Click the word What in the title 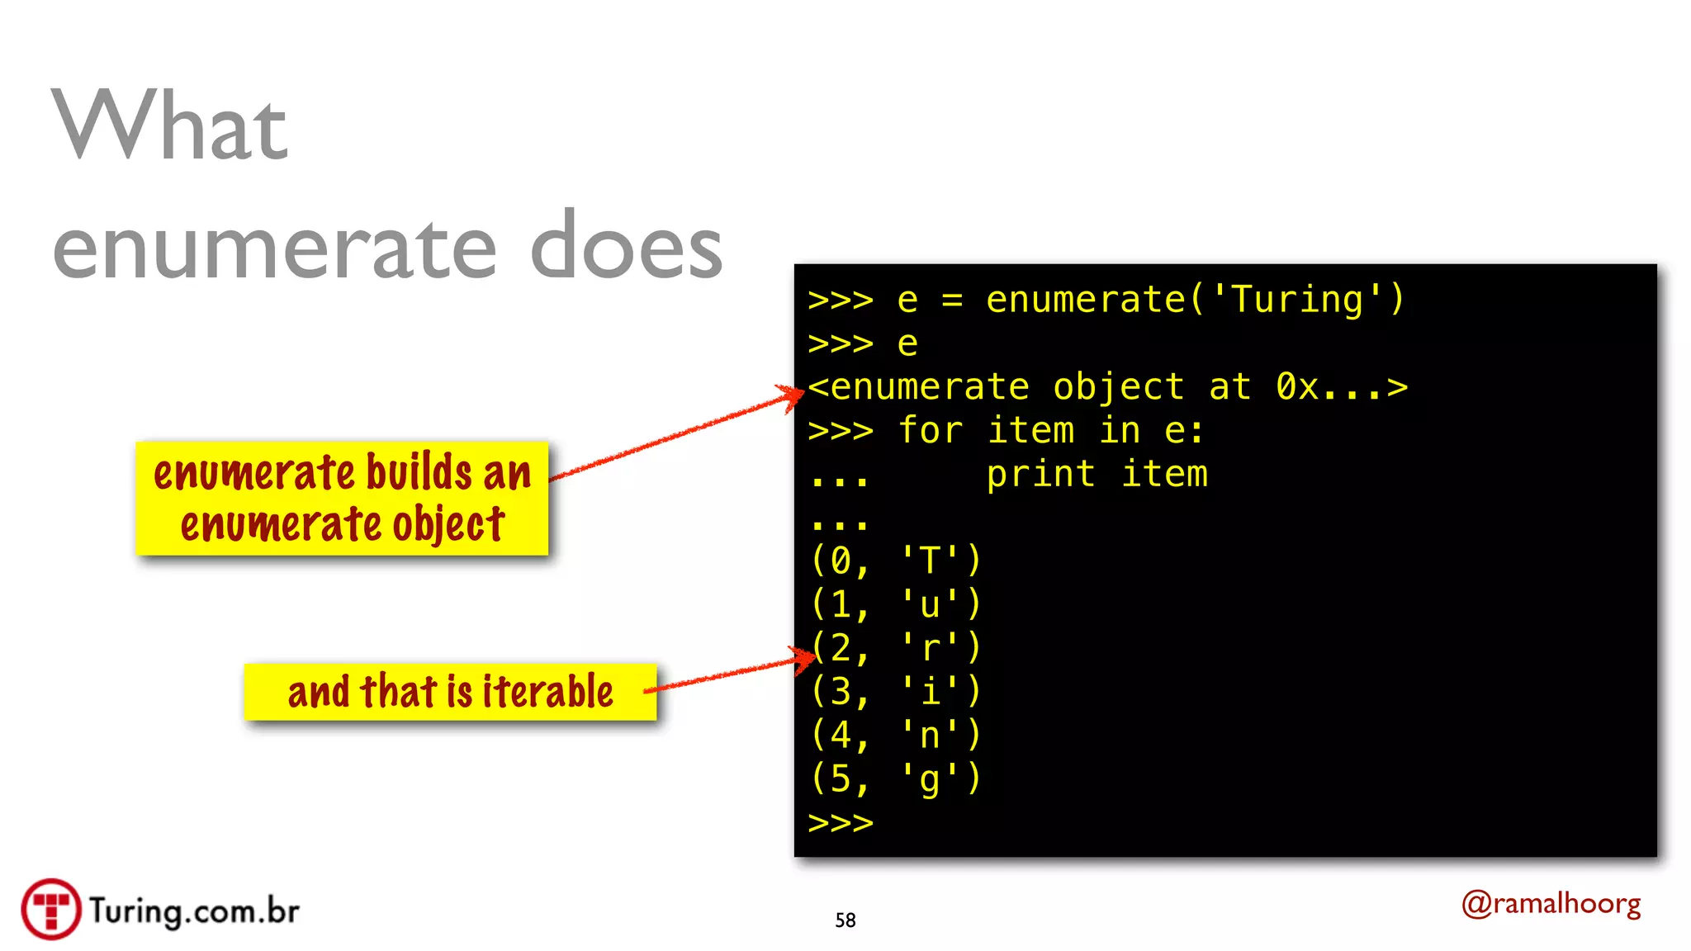click(170, 125)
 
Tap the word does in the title click(626, 247)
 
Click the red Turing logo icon click(51, 909)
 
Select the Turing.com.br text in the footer click(194, 911)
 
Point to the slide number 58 click(845, 920)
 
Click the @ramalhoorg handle click(1551, 904)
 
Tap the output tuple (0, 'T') click(896, 561)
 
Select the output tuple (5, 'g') click(896, 778)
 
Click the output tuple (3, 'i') click(896, 691)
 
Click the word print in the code click(1040, 474)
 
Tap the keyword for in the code click(930, 430)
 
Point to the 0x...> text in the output click(1341, 386)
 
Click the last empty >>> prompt click(841, 822)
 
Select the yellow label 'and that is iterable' click(450, 692)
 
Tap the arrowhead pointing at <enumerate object click(793, 395)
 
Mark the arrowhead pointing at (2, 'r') click(804, 658)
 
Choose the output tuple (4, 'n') click(896, 735)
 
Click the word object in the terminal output click(1118, 386)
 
